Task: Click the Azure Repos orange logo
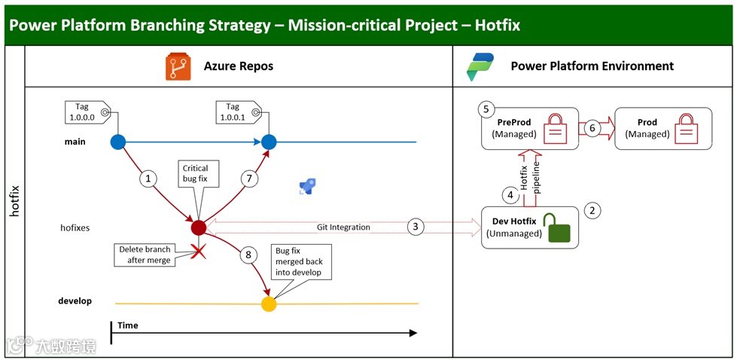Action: click(178, 66)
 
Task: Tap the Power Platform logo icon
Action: click(480, 66)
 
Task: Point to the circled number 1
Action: click(148, 178)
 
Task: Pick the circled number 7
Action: click(250, 178)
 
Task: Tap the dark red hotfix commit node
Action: click(198, 227)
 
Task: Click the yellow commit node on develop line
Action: click(269, 304)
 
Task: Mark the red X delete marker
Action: click(199, 252)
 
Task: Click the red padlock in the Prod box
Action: click(687, 128)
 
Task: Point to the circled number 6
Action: click(592, 128)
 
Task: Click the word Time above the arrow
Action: click(128, 325)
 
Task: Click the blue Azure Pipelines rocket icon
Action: click(307, 187)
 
